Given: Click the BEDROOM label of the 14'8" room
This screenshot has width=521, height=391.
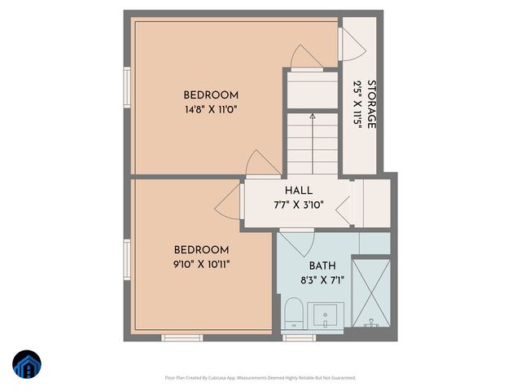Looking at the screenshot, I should (210, 94).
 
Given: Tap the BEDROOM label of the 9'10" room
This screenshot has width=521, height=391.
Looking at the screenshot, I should (201, 249).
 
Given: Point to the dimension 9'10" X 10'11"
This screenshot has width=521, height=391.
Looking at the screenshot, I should (201, 264).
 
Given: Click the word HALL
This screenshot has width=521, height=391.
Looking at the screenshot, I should (297, 190).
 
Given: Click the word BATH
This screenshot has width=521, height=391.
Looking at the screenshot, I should (322, 266).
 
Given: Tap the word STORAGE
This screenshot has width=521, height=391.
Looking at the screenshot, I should (371, 104).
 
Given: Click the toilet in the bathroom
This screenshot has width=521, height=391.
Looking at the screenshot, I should (293, 314).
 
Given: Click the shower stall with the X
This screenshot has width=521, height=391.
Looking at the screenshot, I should (370, 292).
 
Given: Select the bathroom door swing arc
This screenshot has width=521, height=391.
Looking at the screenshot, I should (296, 242).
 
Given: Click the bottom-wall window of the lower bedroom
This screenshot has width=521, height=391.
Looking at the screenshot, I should (182, 337).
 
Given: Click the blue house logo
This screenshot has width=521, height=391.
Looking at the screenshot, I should (27, 364).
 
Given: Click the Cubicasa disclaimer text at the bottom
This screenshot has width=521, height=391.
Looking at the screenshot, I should (260, 378).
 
